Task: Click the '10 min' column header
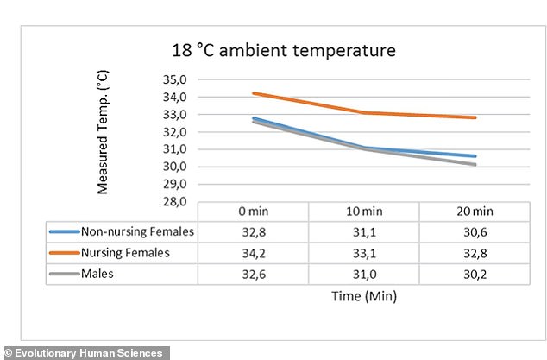(364, 212)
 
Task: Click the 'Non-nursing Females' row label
(137, 231)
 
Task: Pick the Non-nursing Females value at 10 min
(364, 231)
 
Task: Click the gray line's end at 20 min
(475, 164)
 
